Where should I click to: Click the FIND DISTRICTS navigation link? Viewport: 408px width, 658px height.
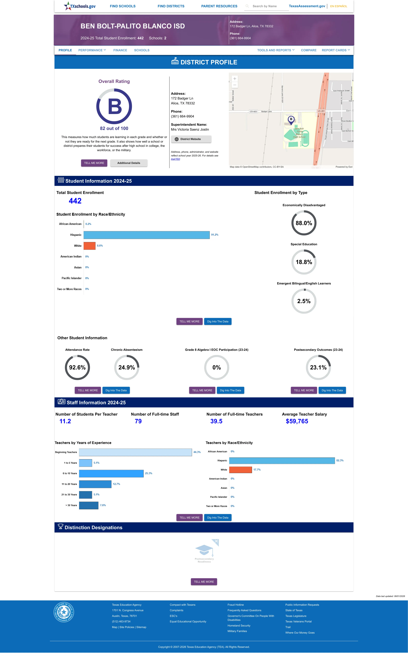[x=171, y=6]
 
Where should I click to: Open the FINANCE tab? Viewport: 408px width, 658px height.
[x=120, y=50]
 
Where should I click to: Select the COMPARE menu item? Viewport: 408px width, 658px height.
[x=308, y=50]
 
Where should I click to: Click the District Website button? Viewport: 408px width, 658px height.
[x=191, y=139]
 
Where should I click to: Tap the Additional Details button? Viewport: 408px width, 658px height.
[x=129, y=163]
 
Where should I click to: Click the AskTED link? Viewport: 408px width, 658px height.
[x=175, y=159]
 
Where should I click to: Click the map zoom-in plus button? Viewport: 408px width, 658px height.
[x=235, y=79]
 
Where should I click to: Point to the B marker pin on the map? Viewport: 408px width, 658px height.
[x=291, y=120]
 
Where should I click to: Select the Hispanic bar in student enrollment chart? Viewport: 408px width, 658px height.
[x=147, y=235]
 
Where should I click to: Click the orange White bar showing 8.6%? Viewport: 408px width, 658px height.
[x=90, y=246]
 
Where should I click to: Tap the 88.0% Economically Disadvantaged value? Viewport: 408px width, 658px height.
[x=304, y=223]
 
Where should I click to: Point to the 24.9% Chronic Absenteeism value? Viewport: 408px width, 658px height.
[x=126, y=367]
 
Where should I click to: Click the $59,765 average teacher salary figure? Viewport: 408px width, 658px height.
[x=297, y=421]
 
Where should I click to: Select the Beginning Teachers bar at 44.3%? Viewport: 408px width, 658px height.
[x=135, y=452]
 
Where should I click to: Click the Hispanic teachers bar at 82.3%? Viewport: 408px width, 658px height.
[x=282, y=461]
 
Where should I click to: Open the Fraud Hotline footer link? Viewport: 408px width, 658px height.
[x=236, y=605]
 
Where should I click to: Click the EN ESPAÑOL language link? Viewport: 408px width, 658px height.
[x=339, y=6]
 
